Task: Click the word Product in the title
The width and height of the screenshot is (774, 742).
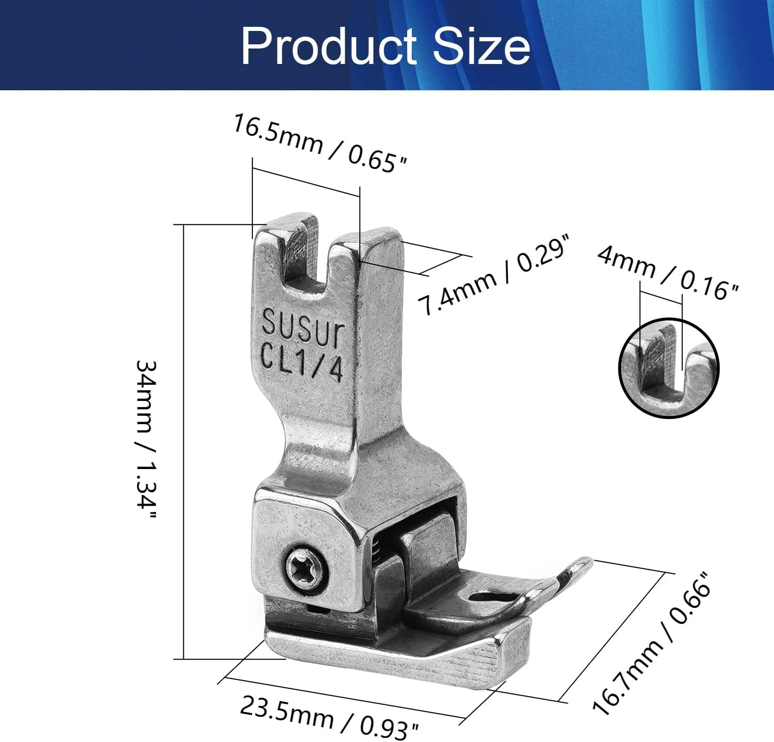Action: [x=329, y=46]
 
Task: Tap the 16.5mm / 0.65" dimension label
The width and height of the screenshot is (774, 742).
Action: [x=320, y=143]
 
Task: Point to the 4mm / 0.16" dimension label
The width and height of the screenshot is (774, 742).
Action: [x=668, y=272]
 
